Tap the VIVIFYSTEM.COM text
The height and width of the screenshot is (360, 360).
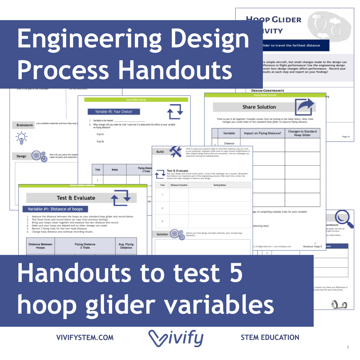pyautogui.click(x=85, y=337)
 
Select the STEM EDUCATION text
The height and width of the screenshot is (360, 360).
pyautogui.click(x=270, y=337)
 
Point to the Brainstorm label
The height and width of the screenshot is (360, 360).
pyautogui.click(x=25, y=125)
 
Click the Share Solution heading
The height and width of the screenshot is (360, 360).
pyautogui.click(x=259, y=107)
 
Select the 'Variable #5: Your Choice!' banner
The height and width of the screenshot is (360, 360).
pyautogui.click(x=114, y=111)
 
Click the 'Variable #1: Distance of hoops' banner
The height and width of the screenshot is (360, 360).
pyautogui.click(x=55, y=209)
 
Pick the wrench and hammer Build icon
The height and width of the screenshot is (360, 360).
pyautogui.click(x=176, y=151)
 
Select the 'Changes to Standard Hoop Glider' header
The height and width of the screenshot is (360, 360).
pyautogui.click(x=302, y=133)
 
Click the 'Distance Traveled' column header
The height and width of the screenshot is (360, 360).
pyautogui.click(x=179, y=185)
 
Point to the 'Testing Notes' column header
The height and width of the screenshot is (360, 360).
pyautogui.click(x=220, y=185)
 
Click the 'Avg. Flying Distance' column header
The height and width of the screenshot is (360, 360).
pyautogui.click(x=126, y=246)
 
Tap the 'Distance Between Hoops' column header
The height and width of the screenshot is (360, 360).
pyautogui.click(x=40, y=246)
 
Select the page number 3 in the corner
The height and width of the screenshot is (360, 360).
pyautogui.click(x=348, y=347)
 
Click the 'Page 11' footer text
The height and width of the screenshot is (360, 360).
pyautogui.click(x=346, y=137)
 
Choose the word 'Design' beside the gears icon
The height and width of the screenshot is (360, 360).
pyautogui.click(x=21, y=156)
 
